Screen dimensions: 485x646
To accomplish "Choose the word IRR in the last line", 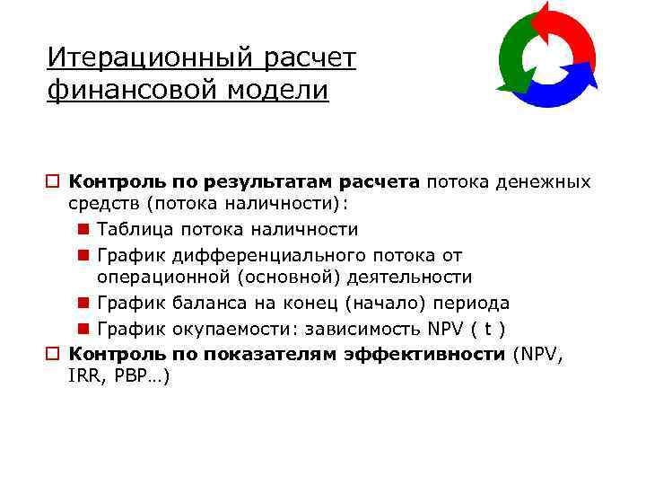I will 85,377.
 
